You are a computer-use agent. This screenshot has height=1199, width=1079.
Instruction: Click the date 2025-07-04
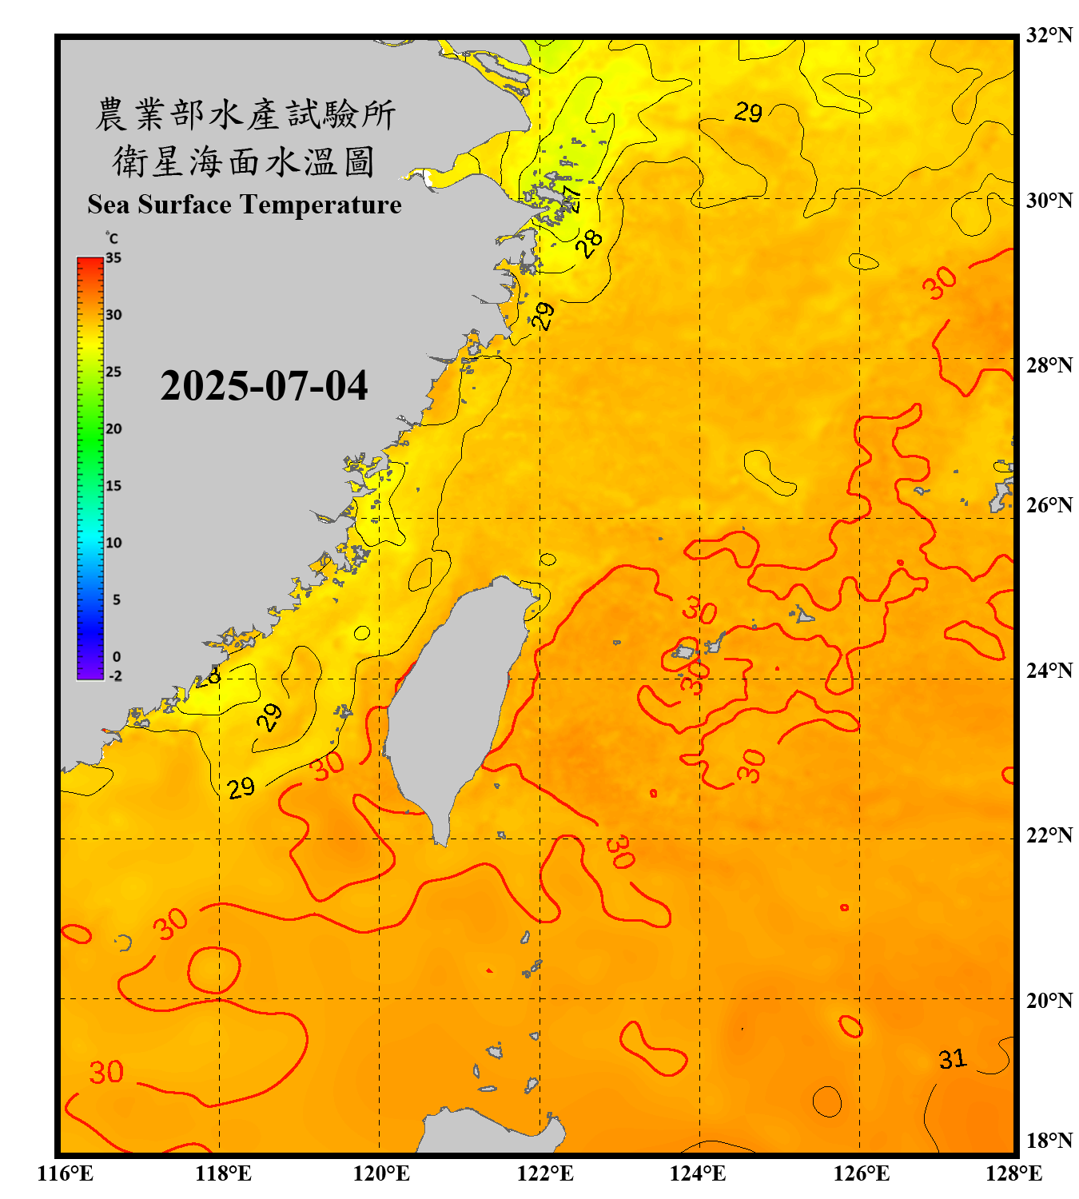click(264, 386)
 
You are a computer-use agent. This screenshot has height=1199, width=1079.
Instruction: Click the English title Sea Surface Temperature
click(245, 205)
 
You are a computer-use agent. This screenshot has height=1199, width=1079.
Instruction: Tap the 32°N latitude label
click(1049, 35)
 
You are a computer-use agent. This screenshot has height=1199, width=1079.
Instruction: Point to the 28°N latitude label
click(1049, 365)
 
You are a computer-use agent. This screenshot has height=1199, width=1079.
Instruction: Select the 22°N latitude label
click(1049, 835)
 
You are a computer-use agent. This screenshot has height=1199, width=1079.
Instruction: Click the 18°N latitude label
click(1049, 1141)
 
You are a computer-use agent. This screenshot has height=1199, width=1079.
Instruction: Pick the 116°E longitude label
click(66, 1173)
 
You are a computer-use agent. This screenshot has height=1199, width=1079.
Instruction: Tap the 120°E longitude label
click(381, 1173)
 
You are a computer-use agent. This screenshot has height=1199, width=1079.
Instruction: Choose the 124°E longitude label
click(698, 1173)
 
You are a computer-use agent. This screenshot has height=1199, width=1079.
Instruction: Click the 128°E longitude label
click(1013, 1173)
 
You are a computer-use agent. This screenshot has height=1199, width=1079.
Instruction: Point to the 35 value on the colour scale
click(113, 258)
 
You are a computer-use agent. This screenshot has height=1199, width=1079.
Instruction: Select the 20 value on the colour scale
click(113, 429)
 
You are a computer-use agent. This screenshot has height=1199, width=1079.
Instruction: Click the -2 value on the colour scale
click(115, 676)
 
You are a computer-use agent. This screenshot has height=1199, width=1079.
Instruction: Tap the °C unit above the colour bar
click(112, 238)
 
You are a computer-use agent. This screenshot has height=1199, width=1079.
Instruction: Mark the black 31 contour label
click(952, 1060)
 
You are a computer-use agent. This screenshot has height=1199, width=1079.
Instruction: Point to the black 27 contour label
click(571, 198)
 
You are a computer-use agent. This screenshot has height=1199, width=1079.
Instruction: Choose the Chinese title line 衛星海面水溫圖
click(244, 161)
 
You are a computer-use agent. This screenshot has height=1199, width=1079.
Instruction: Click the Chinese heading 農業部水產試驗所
click(245, 114)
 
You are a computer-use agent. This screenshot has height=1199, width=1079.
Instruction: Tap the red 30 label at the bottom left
click(106, 1072)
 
